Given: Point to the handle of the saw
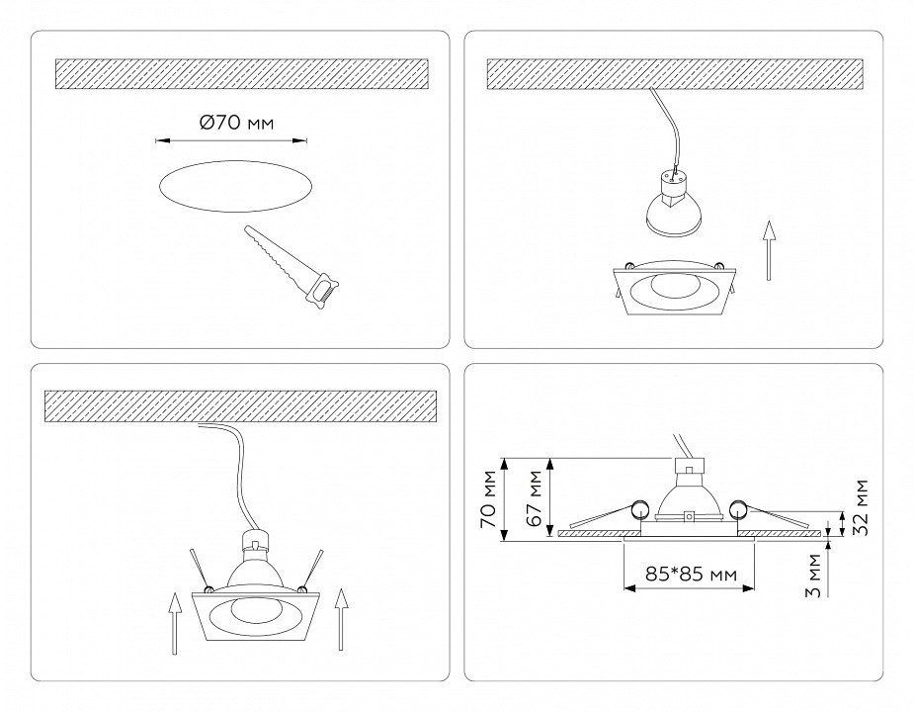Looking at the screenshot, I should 323,290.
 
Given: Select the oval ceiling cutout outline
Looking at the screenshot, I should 235,186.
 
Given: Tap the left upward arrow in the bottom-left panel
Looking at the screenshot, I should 174,622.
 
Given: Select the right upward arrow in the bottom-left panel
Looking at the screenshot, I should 342,622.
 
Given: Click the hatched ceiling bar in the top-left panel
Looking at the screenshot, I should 242,73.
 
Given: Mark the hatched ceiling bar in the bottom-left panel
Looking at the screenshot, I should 242,404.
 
